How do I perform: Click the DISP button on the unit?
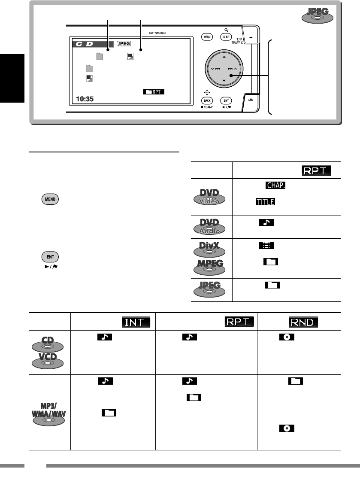tap(226, 37)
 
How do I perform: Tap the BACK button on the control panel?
tap(207, 100)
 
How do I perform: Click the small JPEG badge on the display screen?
tap(124, 43)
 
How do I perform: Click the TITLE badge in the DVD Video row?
tap(265, 201)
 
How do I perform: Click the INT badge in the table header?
tap(136, 321)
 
